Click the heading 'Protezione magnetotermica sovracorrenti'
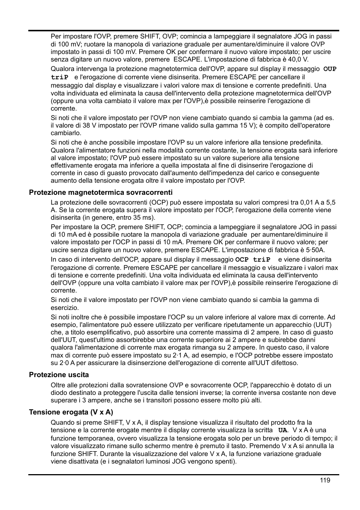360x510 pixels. tap(101, 193)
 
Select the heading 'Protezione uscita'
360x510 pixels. tap(59, 375)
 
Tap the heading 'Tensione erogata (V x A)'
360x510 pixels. tap(71, 412)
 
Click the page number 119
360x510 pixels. tap(325, 480)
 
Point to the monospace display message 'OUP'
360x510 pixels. tap(330, 69)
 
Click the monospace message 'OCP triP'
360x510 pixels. tap(253, 260)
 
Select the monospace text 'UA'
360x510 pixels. tap(282, 430)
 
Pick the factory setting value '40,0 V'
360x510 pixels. tap(298, 59)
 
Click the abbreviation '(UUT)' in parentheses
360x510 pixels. tap(322, 325)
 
